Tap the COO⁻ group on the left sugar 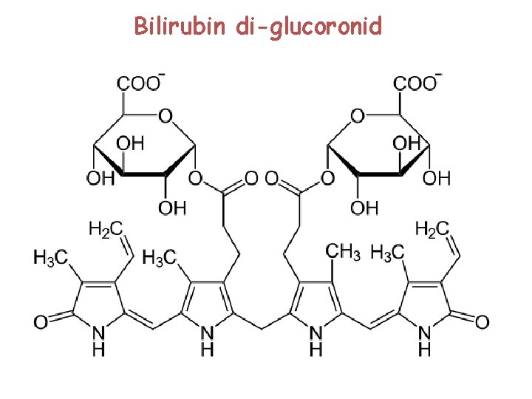click(x=141, y=82)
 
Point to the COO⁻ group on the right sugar click(x=417, y=82)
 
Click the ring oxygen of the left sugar click(x=166, y=115)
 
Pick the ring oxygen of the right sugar click(x=358, y=115)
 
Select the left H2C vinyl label click(x=105, y=229)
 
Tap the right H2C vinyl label click(x=433, y=229)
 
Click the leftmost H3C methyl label click(x=51, y=258)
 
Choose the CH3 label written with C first click(x=343, y=253)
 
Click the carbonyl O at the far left click(x=41, y=322)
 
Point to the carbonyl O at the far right click(x=482, y=322)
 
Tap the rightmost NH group click(x=425, y=340)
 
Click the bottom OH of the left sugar click(x=172, y=208)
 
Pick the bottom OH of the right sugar click(x=364, y=208)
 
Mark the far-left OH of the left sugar click(x=100, y=178)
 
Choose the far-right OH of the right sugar click(x=436, y=178)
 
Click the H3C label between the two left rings click(x=159, y=258)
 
